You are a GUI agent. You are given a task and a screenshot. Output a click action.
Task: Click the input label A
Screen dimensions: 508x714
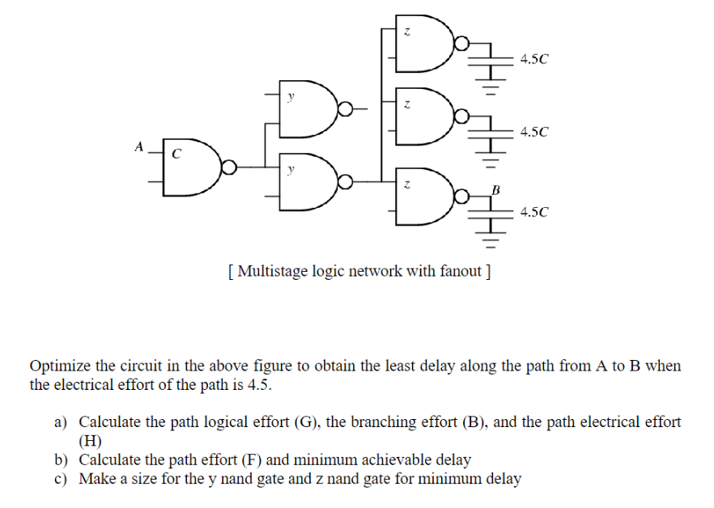[138, 147]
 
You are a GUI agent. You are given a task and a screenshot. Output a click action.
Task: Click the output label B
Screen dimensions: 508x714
[496, 189]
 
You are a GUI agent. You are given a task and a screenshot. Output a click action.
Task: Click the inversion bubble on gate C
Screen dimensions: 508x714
[230, 167]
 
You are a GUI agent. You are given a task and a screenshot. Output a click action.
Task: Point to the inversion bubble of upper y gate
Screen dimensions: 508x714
[346, 107]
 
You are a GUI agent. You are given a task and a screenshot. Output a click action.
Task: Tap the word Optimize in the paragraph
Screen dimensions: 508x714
[57, 366]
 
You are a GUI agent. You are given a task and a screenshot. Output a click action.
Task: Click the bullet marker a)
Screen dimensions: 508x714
[62, 422]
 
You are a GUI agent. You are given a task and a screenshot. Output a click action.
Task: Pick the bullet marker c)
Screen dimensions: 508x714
[62, 479]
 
